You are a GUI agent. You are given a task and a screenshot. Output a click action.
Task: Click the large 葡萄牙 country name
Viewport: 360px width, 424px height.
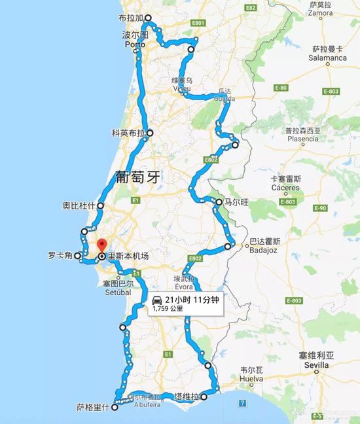point(137,177)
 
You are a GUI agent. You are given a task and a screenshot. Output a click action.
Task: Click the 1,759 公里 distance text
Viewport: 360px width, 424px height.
point(168,308)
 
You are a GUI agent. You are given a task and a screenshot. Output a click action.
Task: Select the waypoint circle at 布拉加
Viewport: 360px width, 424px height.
point(148,18)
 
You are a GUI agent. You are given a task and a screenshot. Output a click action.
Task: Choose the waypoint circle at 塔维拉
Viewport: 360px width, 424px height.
point(204,397)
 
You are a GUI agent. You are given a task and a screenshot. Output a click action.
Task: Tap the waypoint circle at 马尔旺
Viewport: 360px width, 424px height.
point(219,203)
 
